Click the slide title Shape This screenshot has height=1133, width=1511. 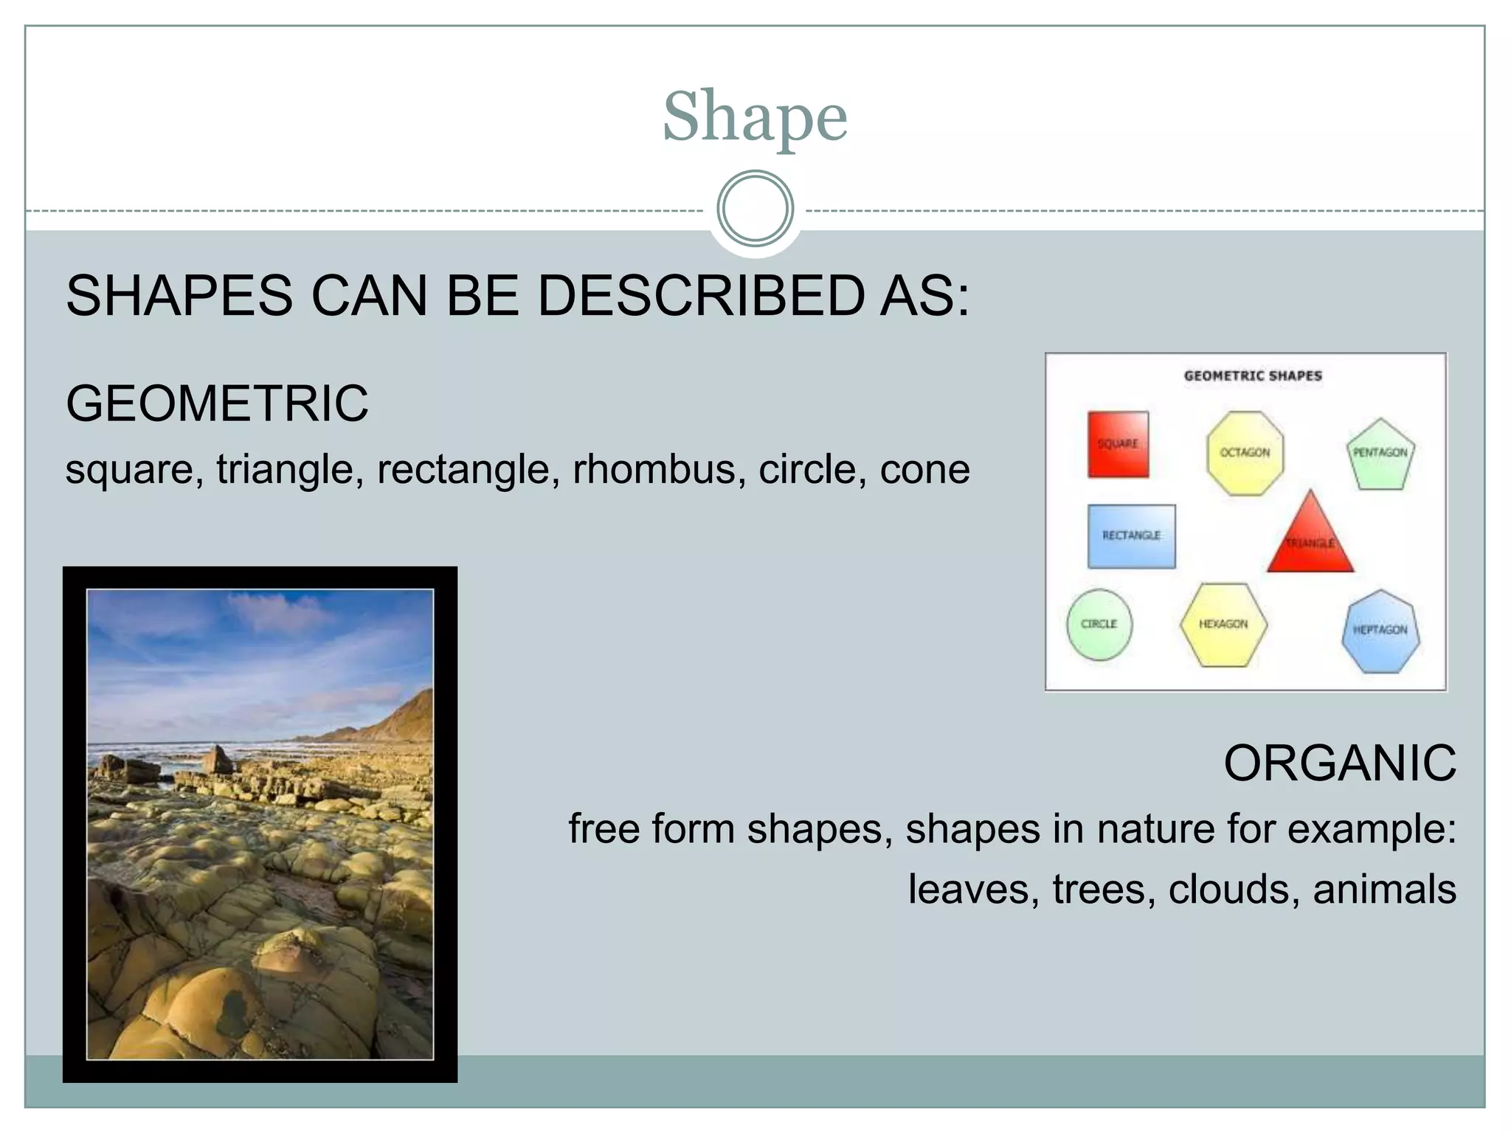pos(755,117)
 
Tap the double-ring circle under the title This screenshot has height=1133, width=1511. pos(755,209)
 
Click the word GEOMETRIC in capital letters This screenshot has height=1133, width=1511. pos(217,403)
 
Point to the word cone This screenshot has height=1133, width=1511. pos(924,469)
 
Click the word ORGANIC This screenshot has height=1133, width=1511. pos(1340,763)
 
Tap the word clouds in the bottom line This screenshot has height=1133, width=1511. pos(1228,888)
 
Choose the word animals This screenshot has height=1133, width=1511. pos(1384,888)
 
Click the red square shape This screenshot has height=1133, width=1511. pos(1118,444)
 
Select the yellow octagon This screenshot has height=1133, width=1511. pos(1245,452)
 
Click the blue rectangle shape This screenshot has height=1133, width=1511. pos(1131,536)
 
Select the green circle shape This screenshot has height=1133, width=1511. pos(1099,624)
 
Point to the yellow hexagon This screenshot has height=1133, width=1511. pos(1223,624)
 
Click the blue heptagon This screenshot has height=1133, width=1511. pos(1380,631)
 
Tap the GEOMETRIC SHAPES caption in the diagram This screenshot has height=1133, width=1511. pos(1252,375)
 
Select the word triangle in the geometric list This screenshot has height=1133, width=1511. pos(285,469)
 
